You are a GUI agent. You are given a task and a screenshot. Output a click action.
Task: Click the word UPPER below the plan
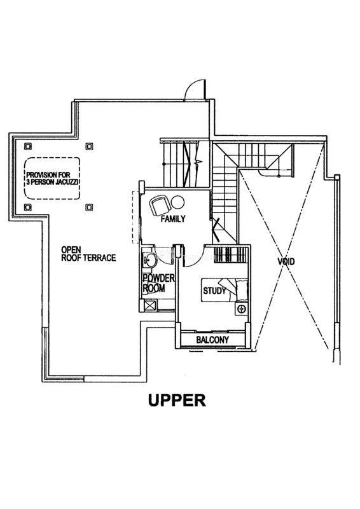tap(177, 400)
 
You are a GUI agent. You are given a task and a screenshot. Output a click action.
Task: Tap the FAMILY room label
tap(173, 219)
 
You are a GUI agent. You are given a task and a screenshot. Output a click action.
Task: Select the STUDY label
tap(214, 290)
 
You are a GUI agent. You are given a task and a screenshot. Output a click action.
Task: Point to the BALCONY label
tap(212, 340)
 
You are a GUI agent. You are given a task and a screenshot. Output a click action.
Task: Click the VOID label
tap(286, 261)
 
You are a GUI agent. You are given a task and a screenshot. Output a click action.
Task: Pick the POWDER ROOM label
tap(158, 283)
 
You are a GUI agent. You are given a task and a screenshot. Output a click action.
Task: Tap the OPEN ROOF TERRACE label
tap(88, 253)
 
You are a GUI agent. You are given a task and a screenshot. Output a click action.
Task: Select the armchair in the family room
tap(160, 205)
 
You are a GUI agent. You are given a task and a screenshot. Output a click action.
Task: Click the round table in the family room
tap(177, 203)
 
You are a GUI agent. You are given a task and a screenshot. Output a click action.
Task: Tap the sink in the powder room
tap(149, 260)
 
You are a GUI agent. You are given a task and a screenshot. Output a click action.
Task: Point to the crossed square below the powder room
tap(150, 305)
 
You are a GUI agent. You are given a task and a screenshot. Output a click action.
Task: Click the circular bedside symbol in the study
tap(241, 309)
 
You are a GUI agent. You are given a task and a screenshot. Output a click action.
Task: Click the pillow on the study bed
tap(242, 290)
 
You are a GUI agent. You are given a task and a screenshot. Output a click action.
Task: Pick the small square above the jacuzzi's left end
tap(28, 146)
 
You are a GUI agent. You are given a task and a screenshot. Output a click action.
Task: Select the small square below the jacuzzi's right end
tap(89, 207)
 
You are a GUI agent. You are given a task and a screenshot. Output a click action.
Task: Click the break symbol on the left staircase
tap(198, 162)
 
